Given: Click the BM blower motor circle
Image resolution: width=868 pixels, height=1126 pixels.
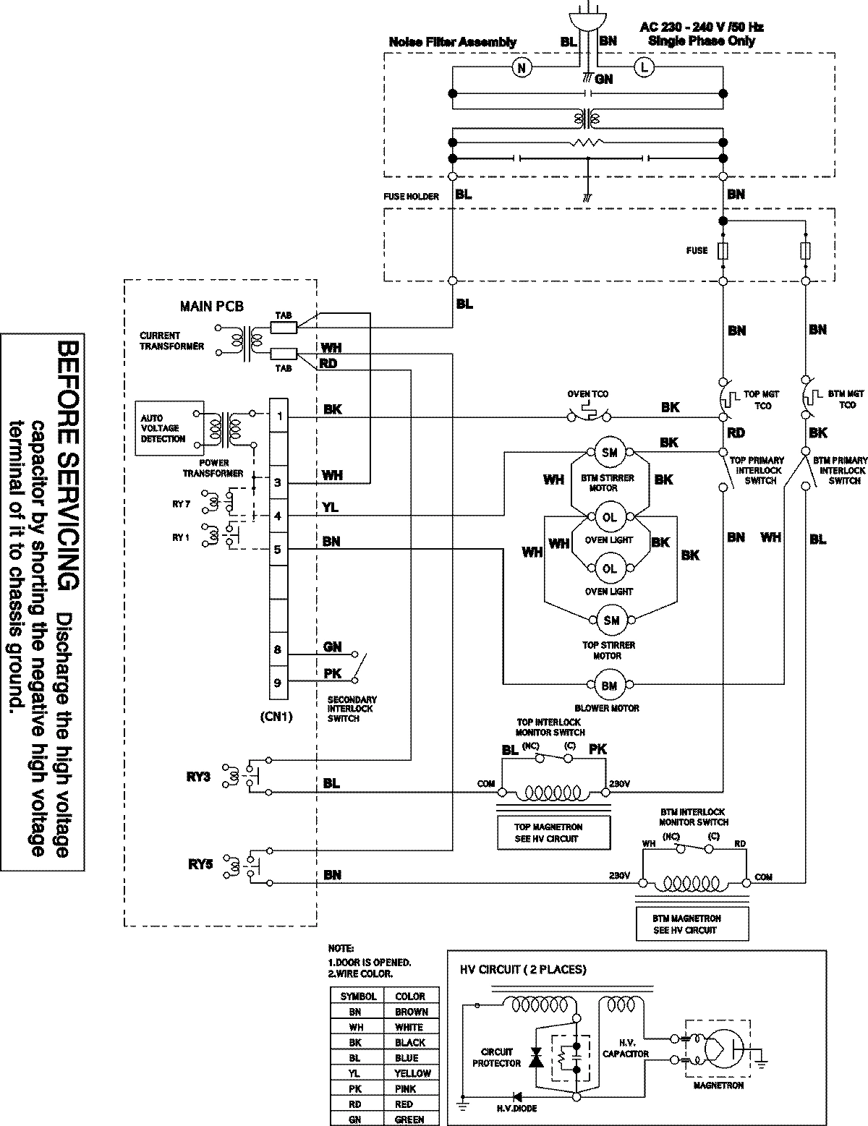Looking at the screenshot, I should coord(609,685).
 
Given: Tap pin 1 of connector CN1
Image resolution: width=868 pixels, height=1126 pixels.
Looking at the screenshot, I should coord(278,416).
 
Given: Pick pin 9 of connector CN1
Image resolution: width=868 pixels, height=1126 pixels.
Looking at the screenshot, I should coord(278,682).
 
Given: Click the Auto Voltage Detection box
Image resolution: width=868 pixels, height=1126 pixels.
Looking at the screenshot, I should coord(163,429).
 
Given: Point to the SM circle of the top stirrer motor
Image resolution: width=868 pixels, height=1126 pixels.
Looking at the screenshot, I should coord(609,620).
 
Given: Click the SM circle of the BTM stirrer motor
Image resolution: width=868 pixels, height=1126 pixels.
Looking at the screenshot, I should coord(609,453).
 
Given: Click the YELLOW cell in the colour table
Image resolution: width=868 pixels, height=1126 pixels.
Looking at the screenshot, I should coord(412,1073).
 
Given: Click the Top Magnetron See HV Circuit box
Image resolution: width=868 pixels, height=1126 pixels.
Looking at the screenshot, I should coord(553,832).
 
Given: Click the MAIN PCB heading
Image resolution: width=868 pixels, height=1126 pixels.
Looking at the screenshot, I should coord(211,307).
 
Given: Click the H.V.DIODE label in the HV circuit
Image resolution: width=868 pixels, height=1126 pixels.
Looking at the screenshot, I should coord(516,1108).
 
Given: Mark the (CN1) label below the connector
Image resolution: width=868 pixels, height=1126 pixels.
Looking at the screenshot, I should coord(278,718).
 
